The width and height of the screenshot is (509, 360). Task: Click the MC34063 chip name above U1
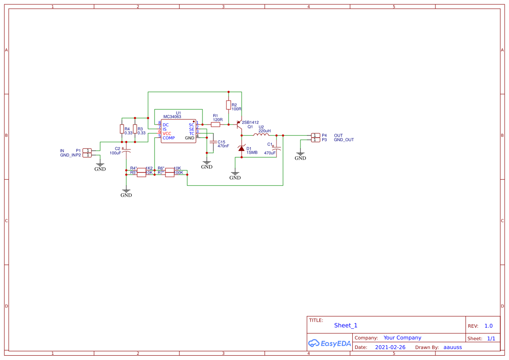[172, 117]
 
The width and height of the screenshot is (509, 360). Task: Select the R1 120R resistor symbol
[216, 124]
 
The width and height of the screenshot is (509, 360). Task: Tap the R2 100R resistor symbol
[228, 105]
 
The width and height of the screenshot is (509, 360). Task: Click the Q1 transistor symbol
[239, 125]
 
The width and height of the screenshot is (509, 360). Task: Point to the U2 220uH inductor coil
[261, 135]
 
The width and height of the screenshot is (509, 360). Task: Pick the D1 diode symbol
[241, 148]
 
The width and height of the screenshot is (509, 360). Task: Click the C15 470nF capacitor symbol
[213, 142]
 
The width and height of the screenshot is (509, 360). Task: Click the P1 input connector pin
[87, 151]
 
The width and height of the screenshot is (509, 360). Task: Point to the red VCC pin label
[167, 134]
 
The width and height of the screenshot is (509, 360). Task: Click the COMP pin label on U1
[169, 138]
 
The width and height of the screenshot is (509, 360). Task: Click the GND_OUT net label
[344, 140]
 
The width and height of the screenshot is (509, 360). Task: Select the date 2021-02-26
[390, 347]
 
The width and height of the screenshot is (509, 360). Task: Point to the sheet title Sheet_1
[346, 325]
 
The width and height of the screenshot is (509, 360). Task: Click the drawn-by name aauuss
[452, 347]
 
